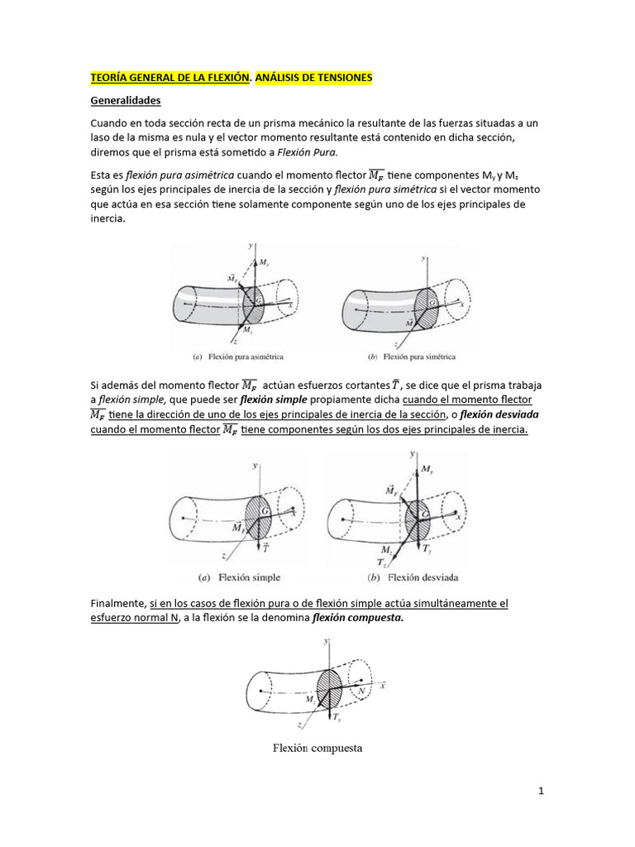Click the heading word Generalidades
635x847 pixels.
point(125,101)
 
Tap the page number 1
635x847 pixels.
point(541,792)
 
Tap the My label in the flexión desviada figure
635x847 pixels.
point(427,470)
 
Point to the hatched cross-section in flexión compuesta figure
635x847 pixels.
point(330,686)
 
